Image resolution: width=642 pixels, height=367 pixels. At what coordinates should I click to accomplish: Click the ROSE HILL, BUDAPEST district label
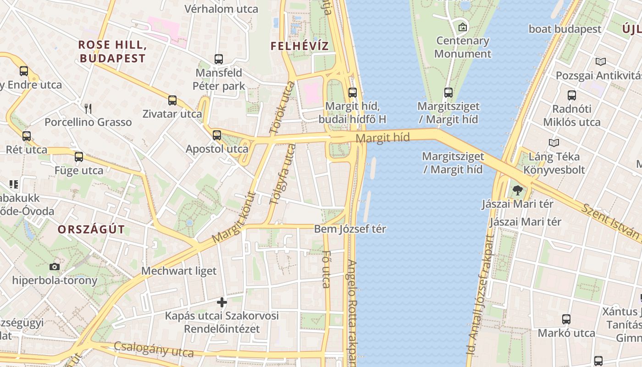point(112,51)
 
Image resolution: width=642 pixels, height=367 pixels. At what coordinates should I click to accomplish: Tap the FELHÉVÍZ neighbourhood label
point(300,46)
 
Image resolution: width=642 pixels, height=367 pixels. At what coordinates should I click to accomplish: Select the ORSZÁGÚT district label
point(91,230)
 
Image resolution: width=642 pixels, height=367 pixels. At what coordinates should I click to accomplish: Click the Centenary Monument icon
point(462,27)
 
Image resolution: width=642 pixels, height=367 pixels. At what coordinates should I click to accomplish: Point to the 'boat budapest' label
point(565,29)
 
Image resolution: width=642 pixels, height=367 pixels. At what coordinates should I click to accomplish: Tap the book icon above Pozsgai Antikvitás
point(600,61)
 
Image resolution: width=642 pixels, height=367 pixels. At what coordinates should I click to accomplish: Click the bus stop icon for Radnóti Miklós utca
point(571,95)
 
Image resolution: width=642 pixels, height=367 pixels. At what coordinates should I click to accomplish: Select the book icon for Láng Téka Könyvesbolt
point(554,143)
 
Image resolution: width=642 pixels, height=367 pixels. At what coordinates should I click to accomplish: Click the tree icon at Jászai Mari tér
point(518,190)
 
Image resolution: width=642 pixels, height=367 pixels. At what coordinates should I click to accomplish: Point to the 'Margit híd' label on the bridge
point(382,138)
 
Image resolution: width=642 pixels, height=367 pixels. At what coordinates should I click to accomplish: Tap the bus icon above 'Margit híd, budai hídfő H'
point(352,92)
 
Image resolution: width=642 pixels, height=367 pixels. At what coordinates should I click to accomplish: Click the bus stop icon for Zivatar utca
point(172,100)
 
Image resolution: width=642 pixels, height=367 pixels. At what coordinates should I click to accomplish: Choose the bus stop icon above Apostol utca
point(217,135)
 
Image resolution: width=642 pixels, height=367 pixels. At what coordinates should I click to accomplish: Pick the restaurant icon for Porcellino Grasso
point(88,109)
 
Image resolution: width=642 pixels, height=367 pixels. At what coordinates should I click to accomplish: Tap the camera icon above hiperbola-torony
point(55,267)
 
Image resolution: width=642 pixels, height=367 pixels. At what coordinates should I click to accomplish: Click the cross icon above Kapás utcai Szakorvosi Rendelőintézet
point(222,302)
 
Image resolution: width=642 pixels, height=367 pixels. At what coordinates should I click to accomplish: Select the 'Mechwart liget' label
point(179,271)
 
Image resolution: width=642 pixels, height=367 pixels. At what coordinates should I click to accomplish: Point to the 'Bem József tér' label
point(350,229)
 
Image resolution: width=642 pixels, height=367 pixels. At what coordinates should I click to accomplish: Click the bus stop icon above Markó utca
point(566,319)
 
